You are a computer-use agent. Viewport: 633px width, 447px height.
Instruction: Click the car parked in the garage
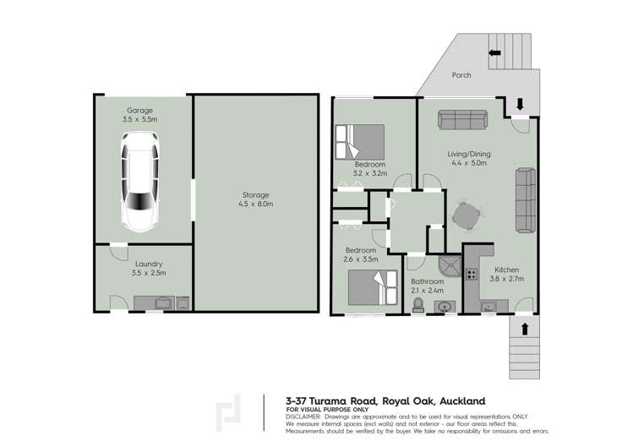pos(138,186)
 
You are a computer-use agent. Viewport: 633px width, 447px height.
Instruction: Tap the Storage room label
pos(256,194)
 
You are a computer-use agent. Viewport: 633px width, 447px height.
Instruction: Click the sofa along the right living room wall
pos(526,200)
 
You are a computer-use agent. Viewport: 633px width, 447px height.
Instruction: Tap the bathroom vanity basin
pos(443,307)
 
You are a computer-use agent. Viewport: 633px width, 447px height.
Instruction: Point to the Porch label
pos(461,75)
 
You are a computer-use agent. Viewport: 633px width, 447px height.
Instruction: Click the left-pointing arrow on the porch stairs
pos(494,52)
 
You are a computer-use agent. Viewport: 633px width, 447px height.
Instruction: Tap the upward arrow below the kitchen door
pos(525,328)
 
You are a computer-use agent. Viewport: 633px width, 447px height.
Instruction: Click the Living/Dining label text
pos(470,154)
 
